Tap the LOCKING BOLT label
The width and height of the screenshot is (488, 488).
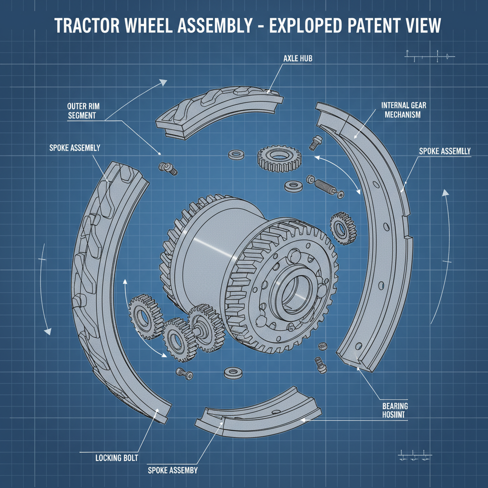click(x=117, y=458)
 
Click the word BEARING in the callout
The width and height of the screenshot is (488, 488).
click(x=395, y=406)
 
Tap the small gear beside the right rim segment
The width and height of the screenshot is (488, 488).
click(x=342, y=227)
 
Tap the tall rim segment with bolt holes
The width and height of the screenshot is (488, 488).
click(x=376, y=238)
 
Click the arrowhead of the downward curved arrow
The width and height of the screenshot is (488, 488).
click(x=47, y=331)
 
